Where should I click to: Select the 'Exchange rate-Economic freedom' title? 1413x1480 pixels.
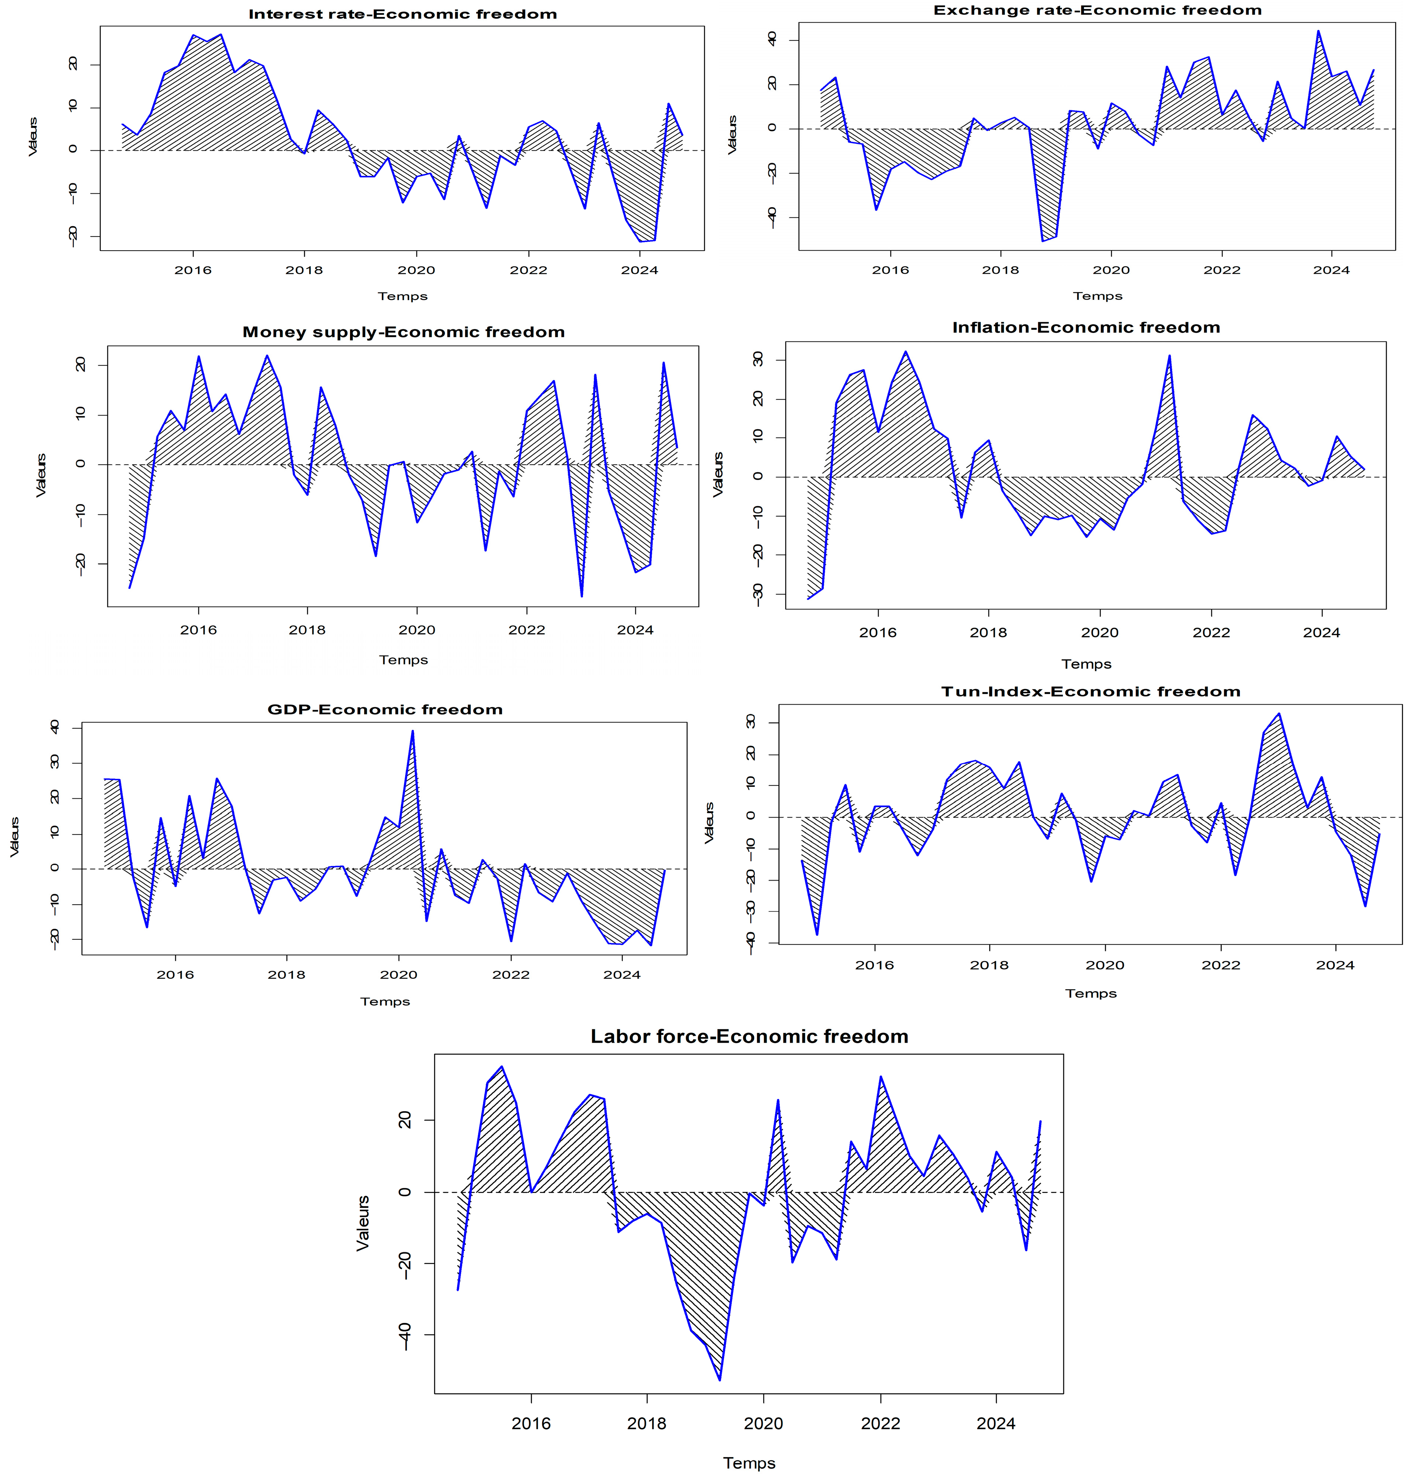point(1097,10)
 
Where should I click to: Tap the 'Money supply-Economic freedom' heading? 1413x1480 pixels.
point(404,332)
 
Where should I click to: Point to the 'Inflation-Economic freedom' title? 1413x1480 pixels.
point(1086,328)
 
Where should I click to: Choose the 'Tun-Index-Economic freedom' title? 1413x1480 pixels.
point(1091,692)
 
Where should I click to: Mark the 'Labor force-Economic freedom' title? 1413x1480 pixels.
point(749,1037)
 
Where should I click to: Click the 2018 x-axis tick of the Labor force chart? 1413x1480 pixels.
point(647,1423)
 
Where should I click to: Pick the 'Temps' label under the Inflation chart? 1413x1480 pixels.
point(1086,664)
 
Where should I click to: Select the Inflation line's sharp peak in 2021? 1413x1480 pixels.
point(1170,356)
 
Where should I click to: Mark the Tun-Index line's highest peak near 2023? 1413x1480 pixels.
point(1279,714)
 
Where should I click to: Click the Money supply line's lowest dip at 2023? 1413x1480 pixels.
point(581,596)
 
